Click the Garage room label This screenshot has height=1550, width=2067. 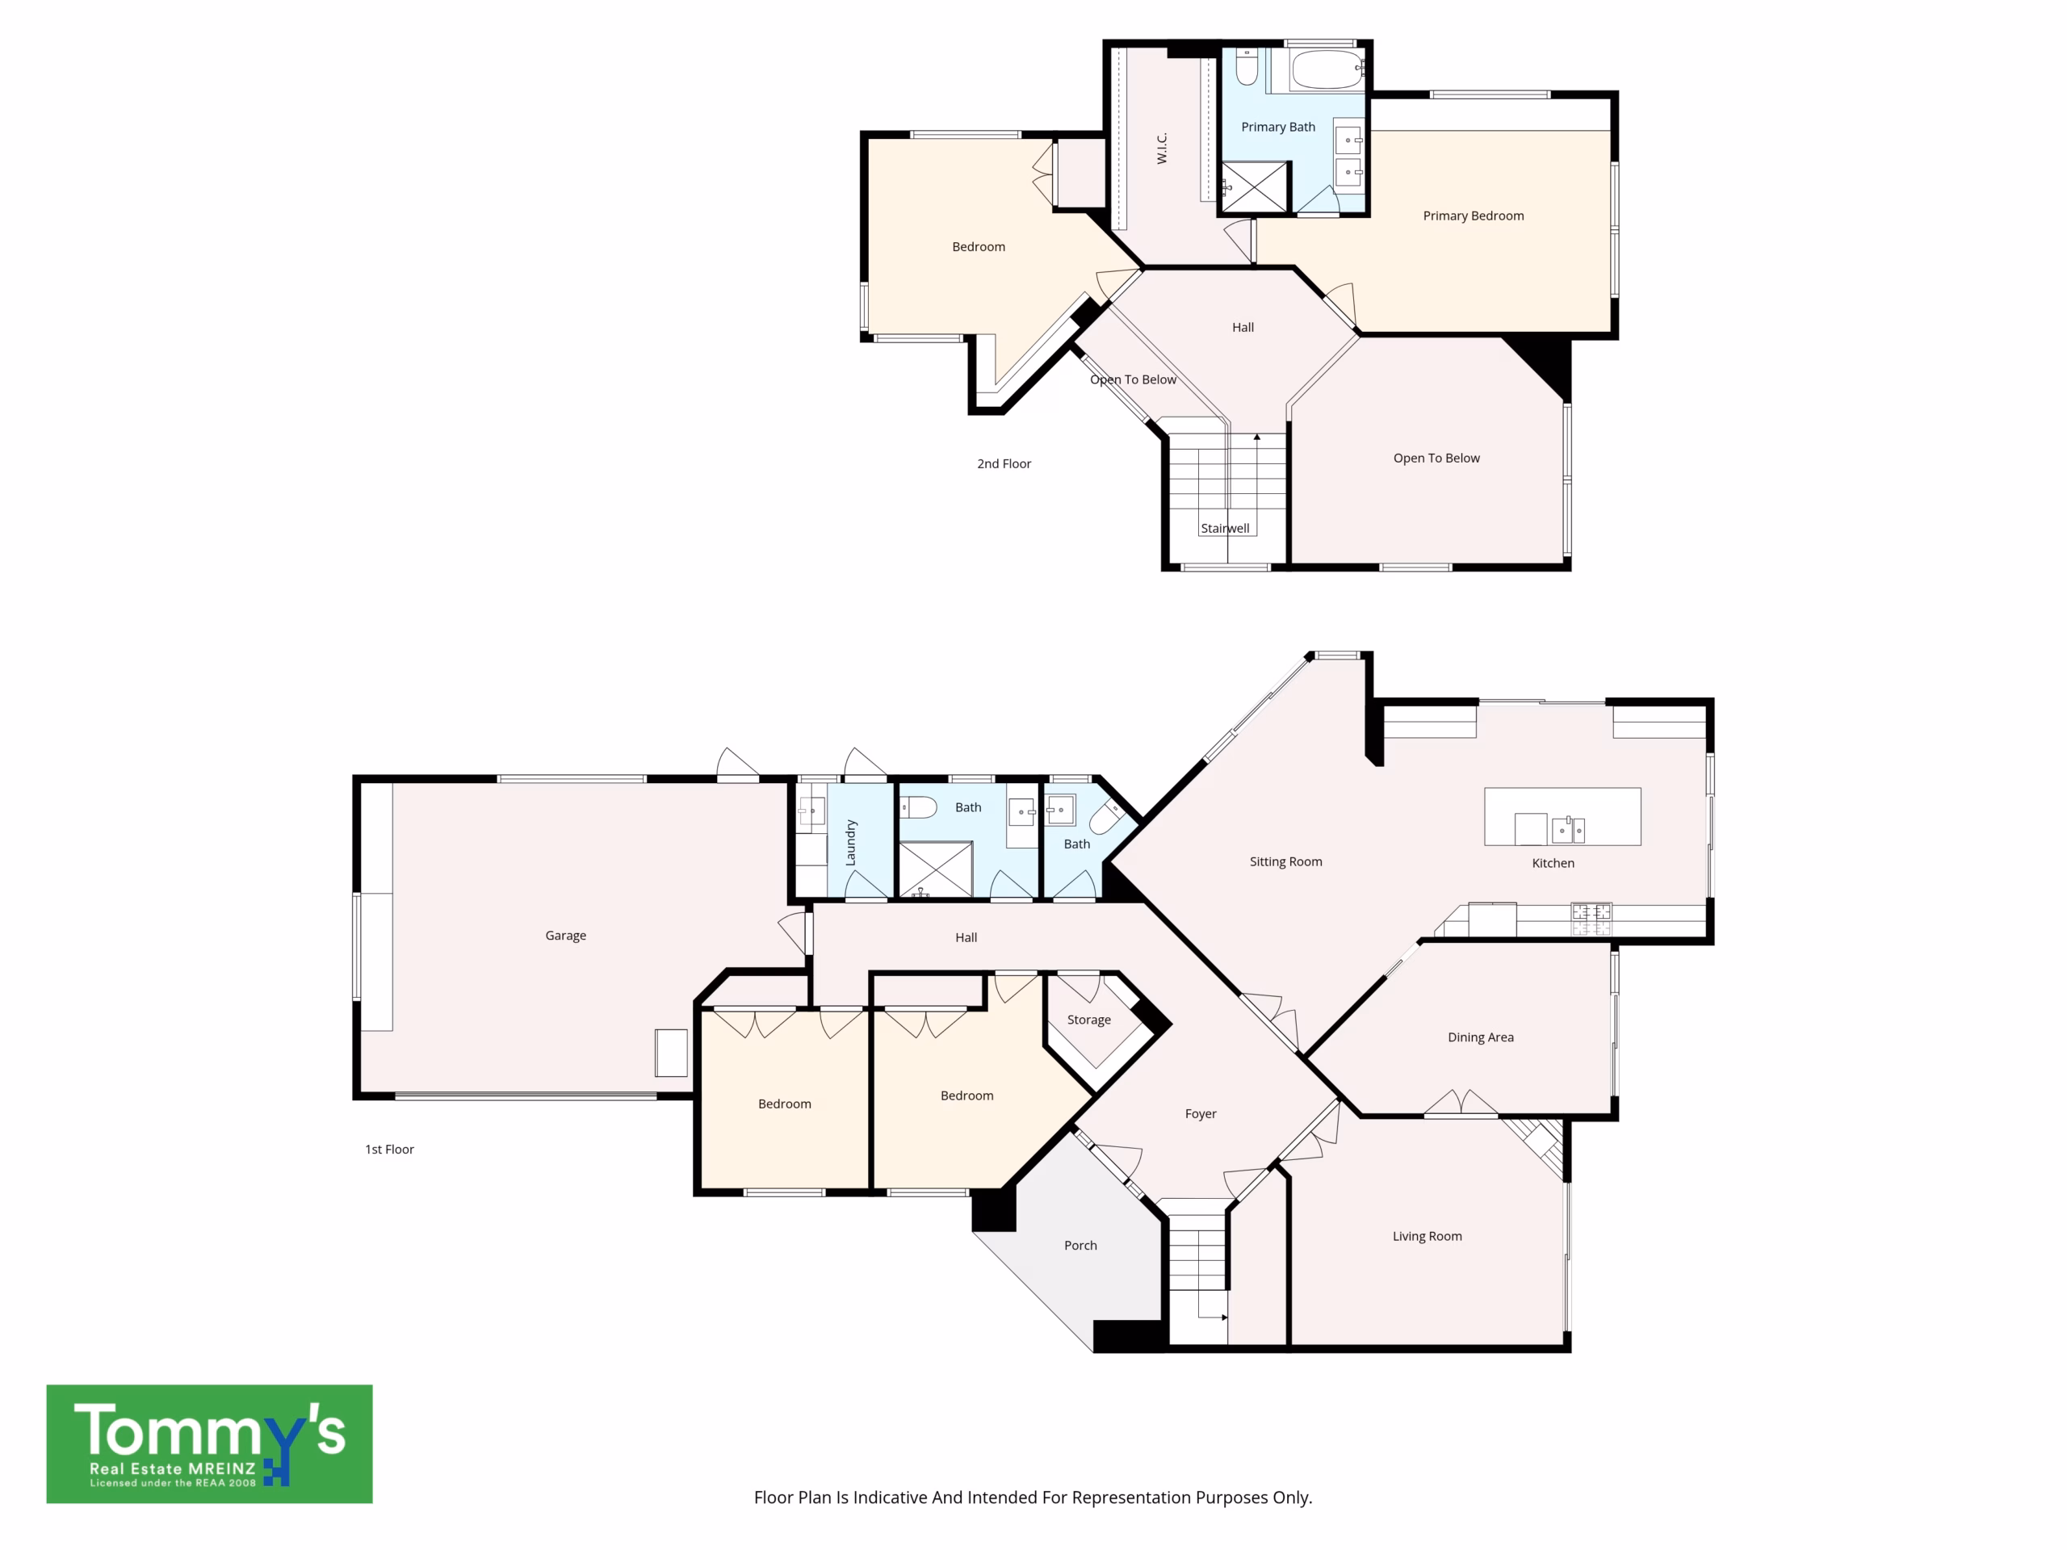click(x=565, y=935)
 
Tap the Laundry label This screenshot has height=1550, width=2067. click(x=850, y=843)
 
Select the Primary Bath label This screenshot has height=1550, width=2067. click(x=1277, y=127)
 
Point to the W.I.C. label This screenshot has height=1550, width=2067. click(x=1162, y=149)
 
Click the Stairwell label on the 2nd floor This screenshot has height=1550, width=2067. click(x=1224, y=528)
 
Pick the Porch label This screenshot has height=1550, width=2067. click(x=1080, y=1246)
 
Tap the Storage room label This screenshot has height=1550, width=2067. click(x=1088, y=1020)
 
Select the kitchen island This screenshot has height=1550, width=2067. click(x=1562, y=817)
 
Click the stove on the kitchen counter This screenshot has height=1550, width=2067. click(x=1591, y=919)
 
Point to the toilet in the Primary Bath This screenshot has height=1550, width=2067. click(x=1247, y=66)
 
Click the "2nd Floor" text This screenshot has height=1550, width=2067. click(x=1004, y=463)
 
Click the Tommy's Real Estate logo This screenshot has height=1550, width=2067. click(x=209, y=1443)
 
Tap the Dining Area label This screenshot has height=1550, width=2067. click(x=1480, y=1037)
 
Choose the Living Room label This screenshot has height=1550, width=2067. click(x=1427, y=1236)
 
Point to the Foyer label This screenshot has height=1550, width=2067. click(x=1201, y=1114)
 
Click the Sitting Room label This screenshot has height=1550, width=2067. click(x=1285, y=861)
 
